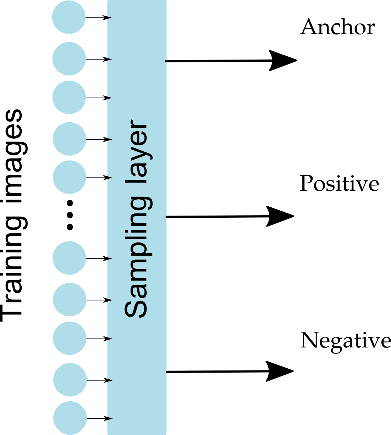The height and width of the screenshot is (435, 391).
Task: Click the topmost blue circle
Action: [69, 17]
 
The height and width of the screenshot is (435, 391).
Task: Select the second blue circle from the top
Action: [69, 58]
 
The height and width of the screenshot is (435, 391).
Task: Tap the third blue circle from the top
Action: [69, 97]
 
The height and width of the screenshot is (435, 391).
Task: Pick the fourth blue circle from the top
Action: [70, 139]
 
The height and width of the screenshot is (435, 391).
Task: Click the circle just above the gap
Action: [70, 177]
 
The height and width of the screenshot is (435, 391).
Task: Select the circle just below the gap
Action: [70, 258]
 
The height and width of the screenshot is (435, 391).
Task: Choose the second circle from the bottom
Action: [70, 379]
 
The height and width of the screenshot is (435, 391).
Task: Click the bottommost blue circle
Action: [70, 418]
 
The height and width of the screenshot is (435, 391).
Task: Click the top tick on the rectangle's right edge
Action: [166, 61]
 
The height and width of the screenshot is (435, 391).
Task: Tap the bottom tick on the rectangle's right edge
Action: [166, 372]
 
